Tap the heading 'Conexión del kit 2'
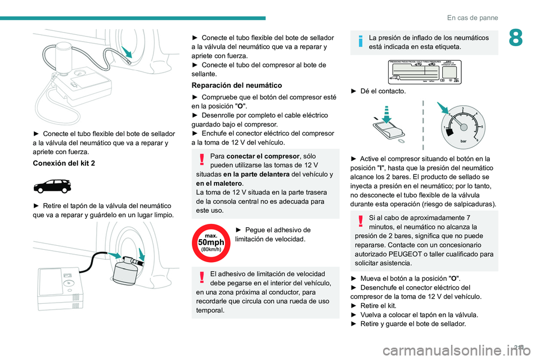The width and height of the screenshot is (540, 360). [64, 163]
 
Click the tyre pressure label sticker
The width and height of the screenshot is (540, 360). [425, 71]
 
